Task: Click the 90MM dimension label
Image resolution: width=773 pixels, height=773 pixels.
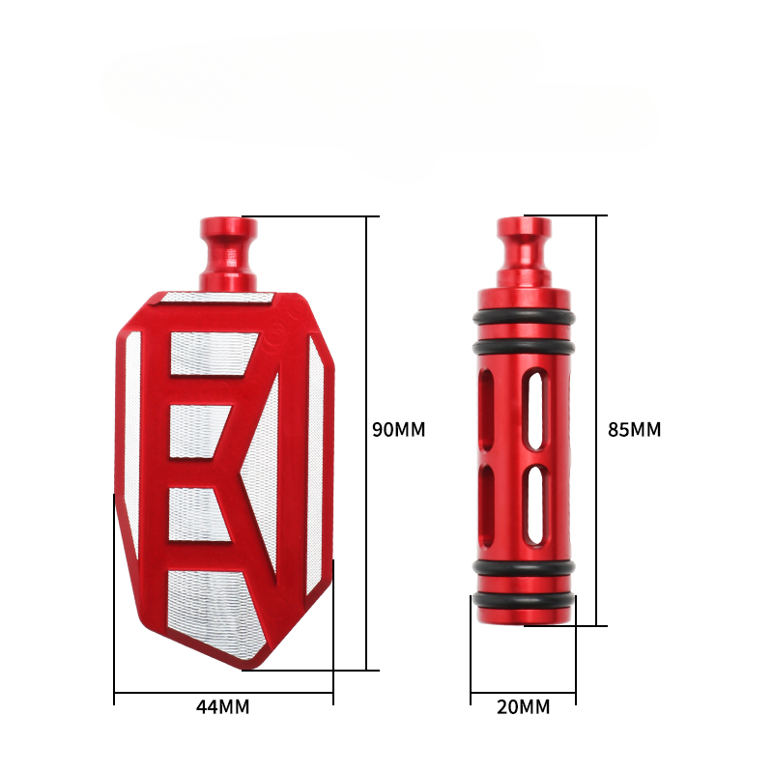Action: (398, 429)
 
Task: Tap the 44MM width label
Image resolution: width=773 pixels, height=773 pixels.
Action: (223, 707)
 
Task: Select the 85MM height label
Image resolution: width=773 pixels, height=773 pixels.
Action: (634, 429)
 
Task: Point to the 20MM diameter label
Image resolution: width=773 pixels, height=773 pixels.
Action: (523, 707)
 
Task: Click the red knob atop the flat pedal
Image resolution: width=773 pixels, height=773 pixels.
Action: (228, 254)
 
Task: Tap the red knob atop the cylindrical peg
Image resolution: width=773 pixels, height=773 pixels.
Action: (524, 252)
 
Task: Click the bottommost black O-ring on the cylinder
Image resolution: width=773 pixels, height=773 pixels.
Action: (524, 600)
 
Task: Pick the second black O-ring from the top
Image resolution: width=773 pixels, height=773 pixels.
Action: (524, 347)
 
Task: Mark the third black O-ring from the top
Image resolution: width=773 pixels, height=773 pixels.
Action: (524, 567)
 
